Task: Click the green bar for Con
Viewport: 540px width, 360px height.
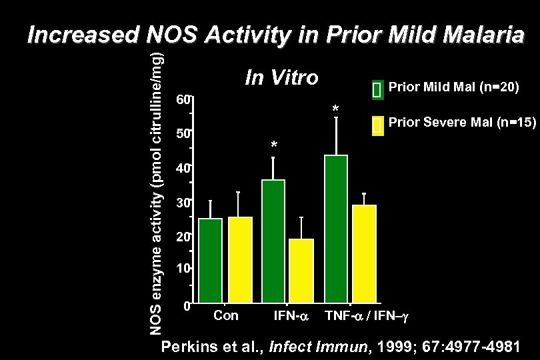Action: pyautogui.click(x=211, y=260)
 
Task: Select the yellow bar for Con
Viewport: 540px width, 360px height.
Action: pyautogui.click(x=239, y=259)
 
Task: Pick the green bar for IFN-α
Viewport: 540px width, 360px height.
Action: pyautogui.click(x=273, y=241)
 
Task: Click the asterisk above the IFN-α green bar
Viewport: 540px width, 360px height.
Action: pyautogui.click(x=273, y=146)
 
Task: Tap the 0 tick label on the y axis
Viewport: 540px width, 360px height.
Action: pyautogui.click(x=187, y=307)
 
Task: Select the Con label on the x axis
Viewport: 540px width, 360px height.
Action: pyautogui.click(x=225, y=315)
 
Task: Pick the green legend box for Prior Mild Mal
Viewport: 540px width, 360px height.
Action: pyautogui.click(x=376, y=90)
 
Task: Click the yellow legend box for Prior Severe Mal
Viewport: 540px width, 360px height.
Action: pyautogui.click(x=376, y=125)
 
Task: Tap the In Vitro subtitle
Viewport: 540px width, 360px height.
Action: pyautogui.click(x=281, y=78)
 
